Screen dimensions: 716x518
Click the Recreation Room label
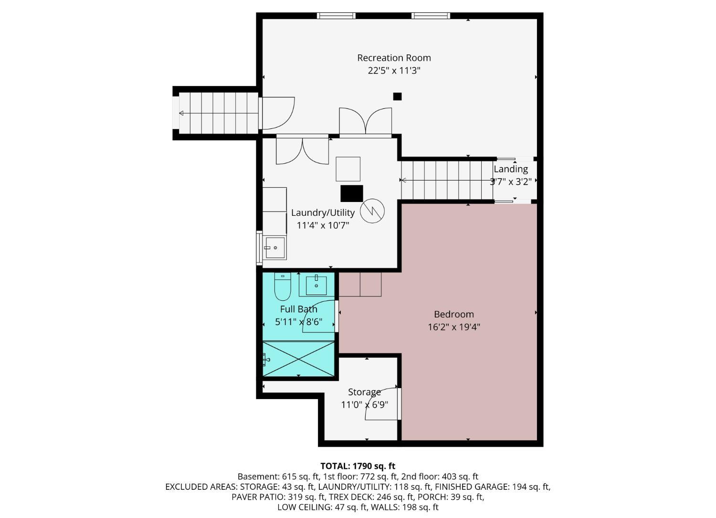394,58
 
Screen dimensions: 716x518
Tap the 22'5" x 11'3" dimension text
394,71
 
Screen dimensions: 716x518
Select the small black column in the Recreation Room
397,96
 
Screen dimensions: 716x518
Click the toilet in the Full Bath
283,286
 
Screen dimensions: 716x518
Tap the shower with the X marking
298,359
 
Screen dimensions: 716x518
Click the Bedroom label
454,314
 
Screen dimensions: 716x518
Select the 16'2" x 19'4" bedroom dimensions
454,327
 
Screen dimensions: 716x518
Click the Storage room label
364,392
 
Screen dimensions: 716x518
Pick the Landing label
511,169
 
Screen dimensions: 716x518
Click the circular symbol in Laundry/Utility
372,211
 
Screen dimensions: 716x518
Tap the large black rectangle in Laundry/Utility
352,193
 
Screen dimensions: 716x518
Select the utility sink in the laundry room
274,247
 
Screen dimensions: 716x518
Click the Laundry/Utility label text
323,212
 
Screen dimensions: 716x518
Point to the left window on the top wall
336,16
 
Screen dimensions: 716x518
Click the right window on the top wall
431,16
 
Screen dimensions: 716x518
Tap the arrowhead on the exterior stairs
181,113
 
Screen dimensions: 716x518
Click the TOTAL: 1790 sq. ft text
358,466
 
